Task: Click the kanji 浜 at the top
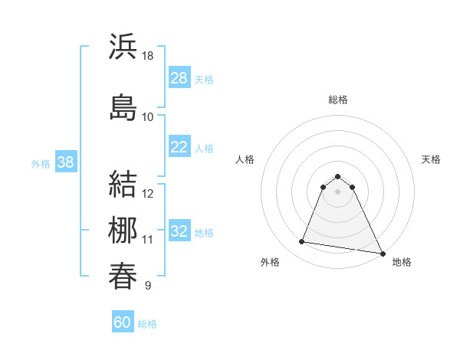[123, 47]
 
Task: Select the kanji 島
[123, 106]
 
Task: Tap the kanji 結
[123, 184]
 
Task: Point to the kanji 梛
[123, 230]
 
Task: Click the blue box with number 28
[179, 78]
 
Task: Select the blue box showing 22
[179, 147]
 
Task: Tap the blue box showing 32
[179, 231]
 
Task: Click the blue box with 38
[65, 162]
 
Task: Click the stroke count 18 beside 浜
[148, 57]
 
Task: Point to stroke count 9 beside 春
[147, 286]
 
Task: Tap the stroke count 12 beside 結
[148, 194]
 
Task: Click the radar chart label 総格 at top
[337, 100]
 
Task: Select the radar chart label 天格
[431, 159]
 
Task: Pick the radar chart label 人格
[245, 159]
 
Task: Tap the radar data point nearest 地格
[383, 254]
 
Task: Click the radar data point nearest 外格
[302, 242]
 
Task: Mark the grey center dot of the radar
[337, 191]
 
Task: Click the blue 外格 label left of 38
[41, 163]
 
